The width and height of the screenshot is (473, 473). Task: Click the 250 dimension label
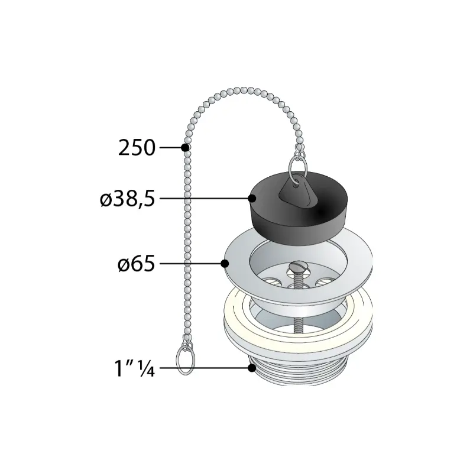coord(137,148)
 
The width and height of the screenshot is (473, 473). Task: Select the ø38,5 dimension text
coord(127,199)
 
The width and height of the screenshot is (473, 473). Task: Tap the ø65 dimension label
coord(137,264)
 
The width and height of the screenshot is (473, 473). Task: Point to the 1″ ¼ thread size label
coord(135,368)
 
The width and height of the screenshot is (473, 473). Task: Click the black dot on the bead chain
coord(185,147)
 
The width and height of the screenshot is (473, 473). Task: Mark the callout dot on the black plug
coord(252,199)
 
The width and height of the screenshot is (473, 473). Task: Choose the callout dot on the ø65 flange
coord(225,264)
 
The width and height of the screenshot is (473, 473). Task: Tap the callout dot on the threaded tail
coord(252,368)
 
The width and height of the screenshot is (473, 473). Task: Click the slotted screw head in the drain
coord(297,267)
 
